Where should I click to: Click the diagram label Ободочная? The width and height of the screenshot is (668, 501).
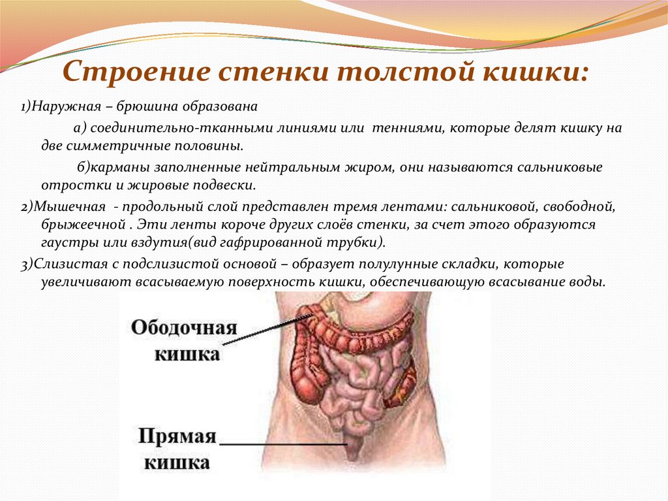(184, 327)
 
